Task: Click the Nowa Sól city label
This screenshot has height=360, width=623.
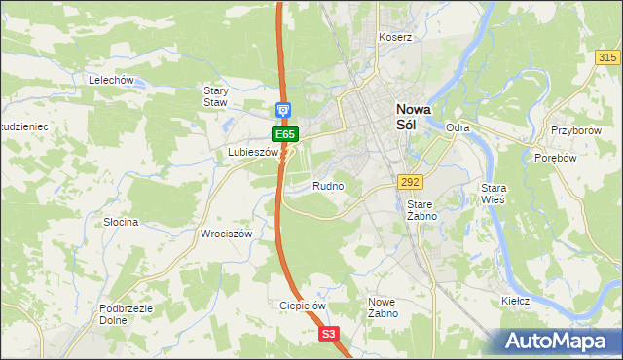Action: click(x=408, y=117)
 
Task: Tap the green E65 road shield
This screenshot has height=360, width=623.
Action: click(x=284, y=133)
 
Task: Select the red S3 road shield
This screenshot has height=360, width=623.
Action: click(x=329, y=334)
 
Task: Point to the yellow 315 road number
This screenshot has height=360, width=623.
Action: click(x=608, y=58)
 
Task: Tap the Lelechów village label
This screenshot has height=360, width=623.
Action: click(x=110, y=80)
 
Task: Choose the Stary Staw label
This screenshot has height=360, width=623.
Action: click(x=215, y=96)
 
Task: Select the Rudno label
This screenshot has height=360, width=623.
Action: click(x=328, y=185)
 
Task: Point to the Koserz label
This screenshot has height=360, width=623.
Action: click(x=396, y=37)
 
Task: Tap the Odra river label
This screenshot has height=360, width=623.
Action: click(x=458, y=127)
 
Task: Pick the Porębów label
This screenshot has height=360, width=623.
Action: click(x=557, y=158)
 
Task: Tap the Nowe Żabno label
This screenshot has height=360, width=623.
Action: click(x=382, y=307)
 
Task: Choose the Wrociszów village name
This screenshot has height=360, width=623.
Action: click(x=226, y=234)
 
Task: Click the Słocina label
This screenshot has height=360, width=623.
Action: click(x=122, y=222)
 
